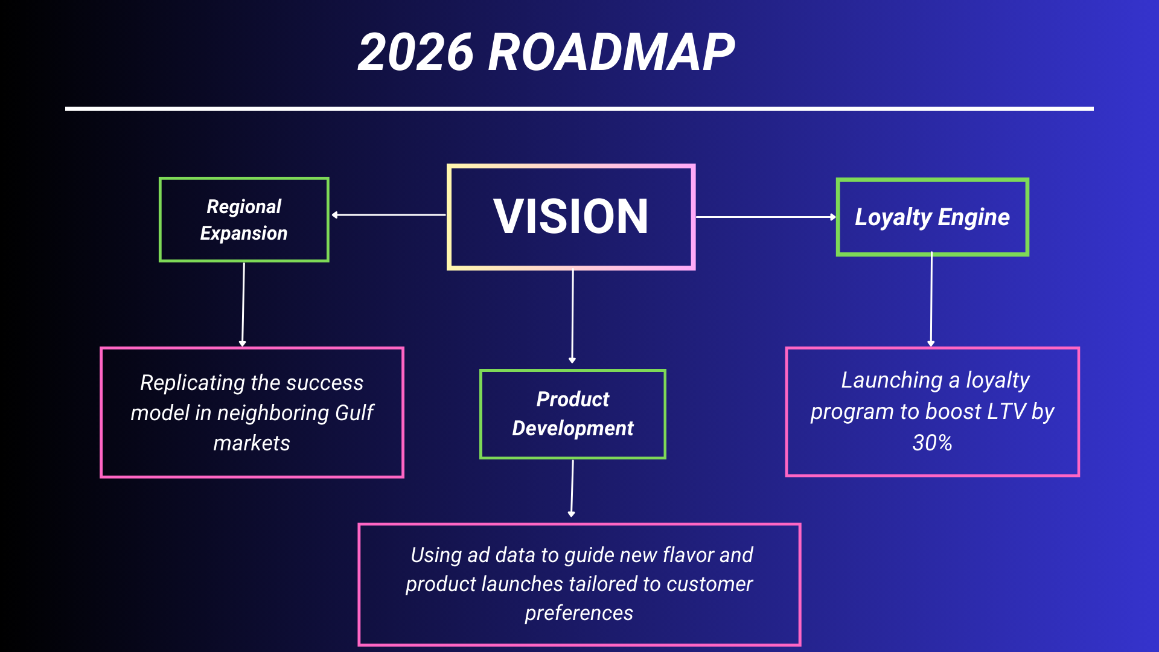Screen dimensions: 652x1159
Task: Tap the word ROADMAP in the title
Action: click(x=611, y=53)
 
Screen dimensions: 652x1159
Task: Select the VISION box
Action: click(x=570, y=217)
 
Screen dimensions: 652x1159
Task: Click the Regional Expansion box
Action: click(x=244, y=220)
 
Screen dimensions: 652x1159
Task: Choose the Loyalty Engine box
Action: click(x=932, y=217)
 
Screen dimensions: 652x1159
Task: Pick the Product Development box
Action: click(x=572, y=414)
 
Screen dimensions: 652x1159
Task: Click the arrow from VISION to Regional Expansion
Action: click(x=389, y=215)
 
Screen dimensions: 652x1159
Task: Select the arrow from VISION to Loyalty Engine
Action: click(x=765, y=217)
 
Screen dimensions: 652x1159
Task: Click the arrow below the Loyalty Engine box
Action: click(x=931, y=300)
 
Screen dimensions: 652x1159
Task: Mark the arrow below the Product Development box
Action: click(x=572, y=488)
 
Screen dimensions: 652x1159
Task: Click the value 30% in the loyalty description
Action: click(x=932, y=443)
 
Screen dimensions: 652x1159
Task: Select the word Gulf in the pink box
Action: click(x=354, y=413)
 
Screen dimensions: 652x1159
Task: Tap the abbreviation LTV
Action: click(x=1006, y=412)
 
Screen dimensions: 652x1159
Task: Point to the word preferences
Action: click(x=578, y=613)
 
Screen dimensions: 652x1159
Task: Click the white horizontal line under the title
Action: click(x=579, y=109)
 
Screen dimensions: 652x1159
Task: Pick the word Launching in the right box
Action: click(x=892, y=380)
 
